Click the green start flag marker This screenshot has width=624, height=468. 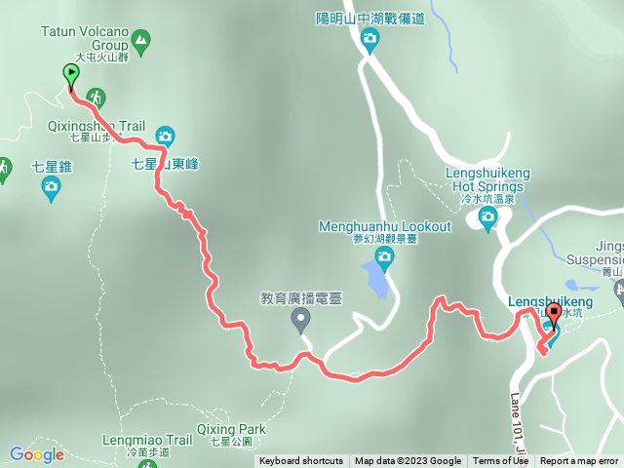tap(71, 75)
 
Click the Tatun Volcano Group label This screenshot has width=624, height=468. tap(85, 38)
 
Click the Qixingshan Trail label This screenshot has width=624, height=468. tap(96, 127)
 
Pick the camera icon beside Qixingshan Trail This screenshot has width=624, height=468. tap(165, 136)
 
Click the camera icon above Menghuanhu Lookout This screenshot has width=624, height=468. tap(384, 257)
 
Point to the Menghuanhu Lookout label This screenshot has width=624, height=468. tap(385, 227)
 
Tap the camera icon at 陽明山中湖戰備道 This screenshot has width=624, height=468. tap(370, 40)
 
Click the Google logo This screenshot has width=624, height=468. tap(36, 454)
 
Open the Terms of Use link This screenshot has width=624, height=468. tap(500, 461)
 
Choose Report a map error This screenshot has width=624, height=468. tap(579, 461)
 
